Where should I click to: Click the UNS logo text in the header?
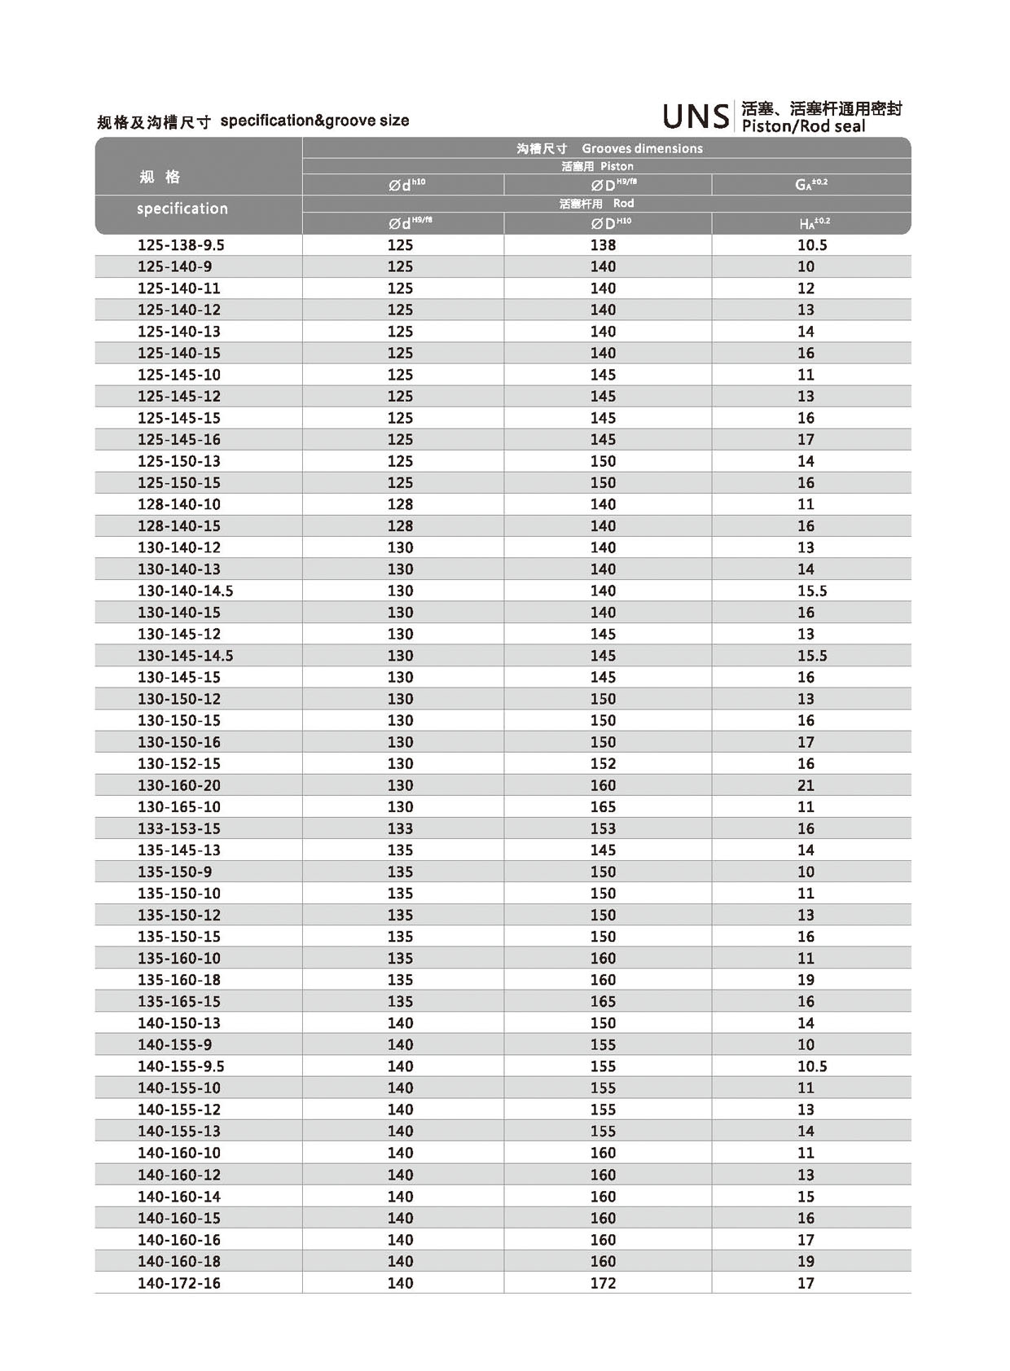point(696,116)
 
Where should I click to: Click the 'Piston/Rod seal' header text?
point(803,126)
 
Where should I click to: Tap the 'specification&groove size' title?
point(314,121)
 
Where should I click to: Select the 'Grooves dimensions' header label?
point(642,148)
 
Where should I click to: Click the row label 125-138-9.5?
point(181,245)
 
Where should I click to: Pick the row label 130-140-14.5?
point(185,591)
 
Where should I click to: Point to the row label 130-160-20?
point(179,785)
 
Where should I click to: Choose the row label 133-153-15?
point(179,828)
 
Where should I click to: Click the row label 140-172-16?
point(179,1283)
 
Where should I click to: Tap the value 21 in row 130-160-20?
point(806,785)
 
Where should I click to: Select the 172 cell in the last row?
point(603,1283)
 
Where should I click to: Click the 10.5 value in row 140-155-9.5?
point(812,1066)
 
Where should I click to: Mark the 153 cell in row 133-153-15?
point(603,828)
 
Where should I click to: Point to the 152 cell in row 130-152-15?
point(603,763)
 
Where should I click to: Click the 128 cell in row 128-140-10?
point(400,504)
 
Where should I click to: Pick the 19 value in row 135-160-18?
point(806,980)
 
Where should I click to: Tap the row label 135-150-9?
point(174,872)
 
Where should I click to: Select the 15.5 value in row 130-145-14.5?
point(812,656)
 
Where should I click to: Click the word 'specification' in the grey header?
point(182,209)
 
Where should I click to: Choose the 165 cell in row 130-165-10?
point(603,806)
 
